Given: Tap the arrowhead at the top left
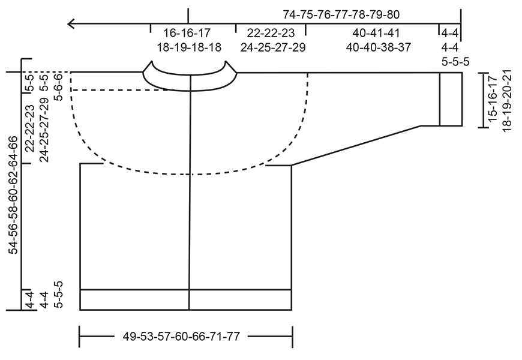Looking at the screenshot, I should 71,24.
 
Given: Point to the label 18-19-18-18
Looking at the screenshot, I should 190,47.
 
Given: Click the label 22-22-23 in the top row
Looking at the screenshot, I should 271,32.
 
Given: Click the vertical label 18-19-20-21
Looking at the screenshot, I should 508,100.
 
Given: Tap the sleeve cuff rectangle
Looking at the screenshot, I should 451,99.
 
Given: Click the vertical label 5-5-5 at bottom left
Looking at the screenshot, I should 58,294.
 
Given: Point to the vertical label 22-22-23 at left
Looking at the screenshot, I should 29,128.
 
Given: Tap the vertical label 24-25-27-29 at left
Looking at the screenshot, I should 43,128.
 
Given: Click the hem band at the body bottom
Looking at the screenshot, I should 186,299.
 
